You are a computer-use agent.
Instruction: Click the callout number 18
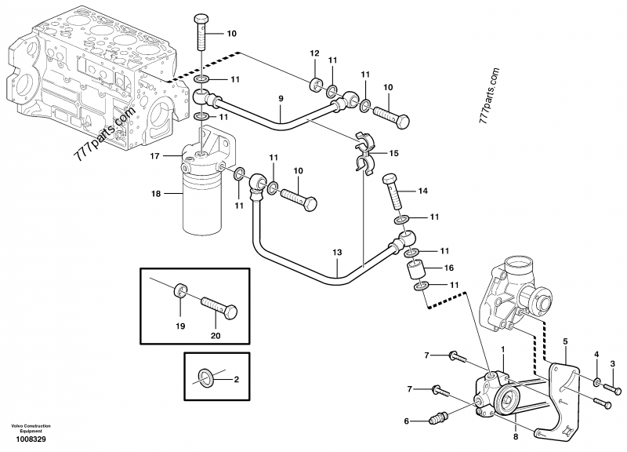(x=157, y=192)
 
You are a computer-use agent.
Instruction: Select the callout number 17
(x=157, y=155)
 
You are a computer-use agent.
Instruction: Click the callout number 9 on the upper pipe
(x=280, y=99)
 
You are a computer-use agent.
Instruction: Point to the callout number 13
(x=337, y=253)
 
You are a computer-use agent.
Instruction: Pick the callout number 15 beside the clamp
(x=393, y=153)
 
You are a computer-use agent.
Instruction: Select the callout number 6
(x=407, y=421)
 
